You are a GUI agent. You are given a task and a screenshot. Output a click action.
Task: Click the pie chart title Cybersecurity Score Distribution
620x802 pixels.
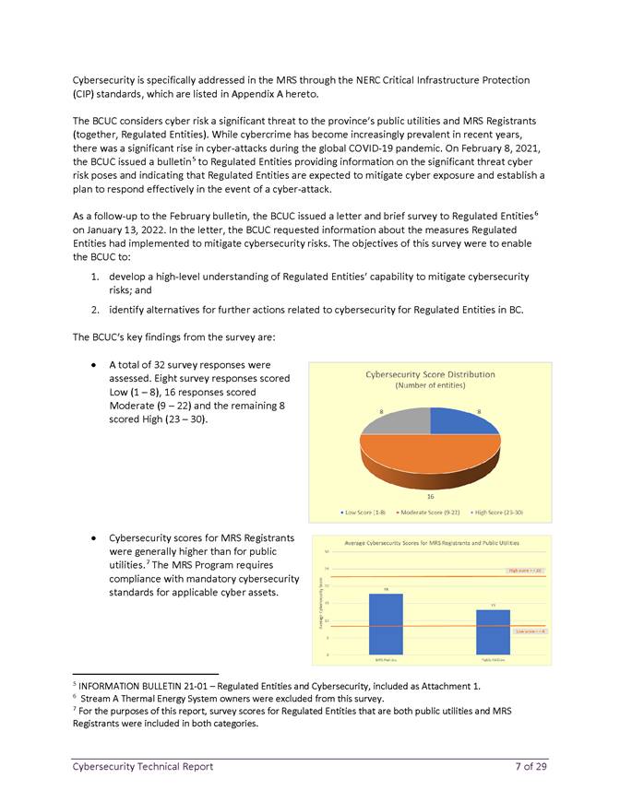coord(430,374)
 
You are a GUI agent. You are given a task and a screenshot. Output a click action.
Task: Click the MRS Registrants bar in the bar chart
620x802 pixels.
coord(385,624)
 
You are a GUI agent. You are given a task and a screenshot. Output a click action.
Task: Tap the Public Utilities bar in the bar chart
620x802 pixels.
coord(493,631)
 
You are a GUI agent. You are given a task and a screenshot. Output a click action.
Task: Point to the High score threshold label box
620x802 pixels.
coord(526,571)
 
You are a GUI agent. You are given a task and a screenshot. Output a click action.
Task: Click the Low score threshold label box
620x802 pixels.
coord(531,631)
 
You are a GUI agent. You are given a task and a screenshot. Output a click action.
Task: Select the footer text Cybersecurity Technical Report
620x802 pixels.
coord(142,767)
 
